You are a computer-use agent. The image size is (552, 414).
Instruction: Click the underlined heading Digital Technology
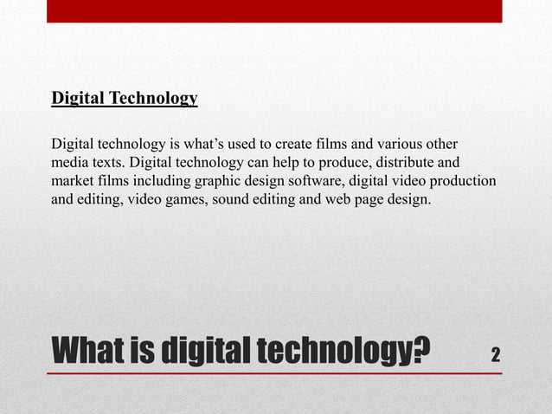[125, 98]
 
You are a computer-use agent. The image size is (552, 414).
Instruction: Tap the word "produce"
[339, 164]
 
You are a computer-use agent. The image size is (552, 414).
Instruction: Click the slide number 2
[495, 354]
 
